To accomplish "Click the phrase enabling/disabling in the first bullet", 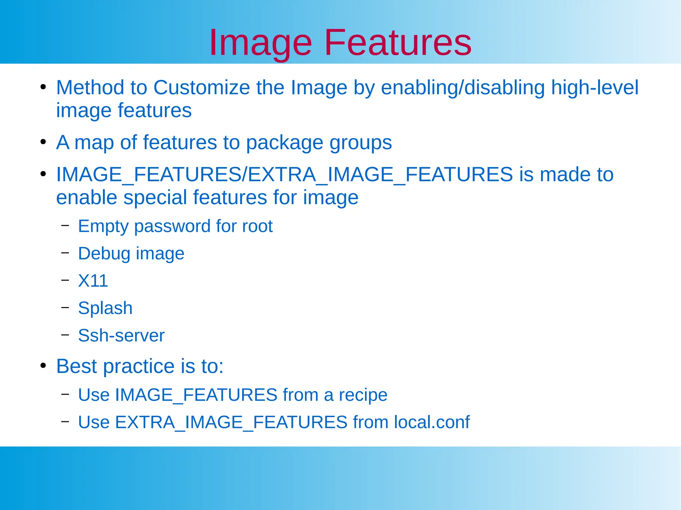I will coord(463,88).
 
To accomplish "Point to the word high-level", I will coord(595,88).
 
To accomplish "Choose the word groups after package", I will coord(360,143).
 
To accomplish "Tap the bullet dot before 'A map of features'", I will coord(43,142).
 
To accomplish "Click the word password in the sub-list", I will coord(172,226).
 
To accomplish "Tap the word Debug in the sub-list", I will coord(104,254).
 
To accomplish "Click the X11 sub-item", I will coord(93,281).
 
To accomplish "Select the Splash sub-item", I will coord(105,308).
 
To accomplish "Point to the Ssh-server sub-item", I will coord(121,335).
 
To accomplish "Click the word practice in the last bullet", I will coord(139,367).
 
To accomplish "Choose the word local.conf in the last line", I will coord(432,422).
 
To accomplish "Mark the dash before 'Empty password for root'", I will coord(65,225).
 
